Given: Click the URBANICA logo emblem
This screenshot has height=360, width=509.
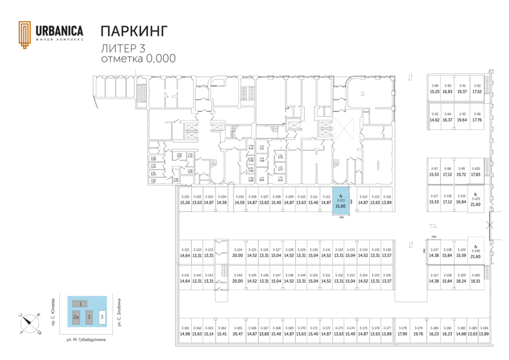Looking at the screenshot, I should pos(25,34).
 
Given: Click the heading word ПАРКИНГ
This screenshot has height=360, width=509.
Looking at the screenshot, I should pos(134,31).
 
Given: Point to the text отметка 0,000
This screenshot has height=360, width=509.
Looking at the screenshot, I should pos(138,58).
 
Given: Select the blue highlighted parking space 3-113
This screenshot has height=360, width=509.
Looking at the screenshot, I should pos(340,202).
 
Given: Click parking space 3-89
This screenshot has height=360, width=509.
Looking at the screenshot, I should pos(434,88).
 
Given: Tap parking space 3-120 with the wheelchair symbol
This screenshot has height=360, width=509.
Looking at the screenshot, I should pos(476,199).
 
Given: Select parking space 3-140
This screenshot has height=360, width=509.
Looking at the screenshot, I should pos(476,254).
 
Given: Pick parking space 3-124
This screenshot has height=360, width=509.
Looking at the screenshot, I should pos(238,253).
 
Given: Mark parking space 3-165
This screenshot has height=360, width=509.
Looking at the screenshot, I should pos(238,331).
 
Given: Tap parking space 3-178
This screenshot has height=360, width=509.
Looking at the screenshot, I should pos(402,331).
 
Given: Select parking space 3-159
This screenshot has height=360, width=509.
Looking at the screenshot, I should pos(461,278).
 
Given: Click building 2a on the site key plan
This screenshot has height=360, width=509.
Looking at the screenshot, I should pos(76,318).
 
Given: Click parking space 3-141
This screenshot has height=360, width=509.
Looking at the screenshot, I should pos(184,278).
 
